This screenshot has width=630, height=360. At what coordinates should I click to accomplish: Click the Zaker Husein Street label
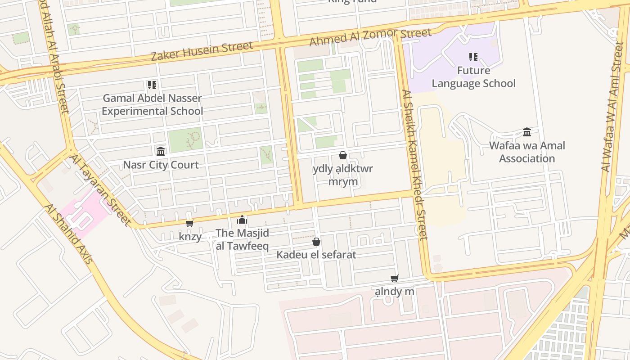(x=201, y=51)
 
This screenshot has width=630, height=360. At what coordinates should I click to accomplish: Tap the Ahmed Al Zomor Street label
(x=370, y=36)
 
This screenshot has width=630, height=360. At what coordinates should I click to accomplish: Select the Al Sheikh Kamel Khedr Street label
(x=414, y=165)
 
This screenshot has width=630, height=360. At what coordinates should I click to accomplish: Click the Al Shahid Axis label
(x=68, y=234)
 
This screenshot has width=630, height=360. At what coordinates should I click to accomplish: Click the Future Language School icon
(x=473, y=57)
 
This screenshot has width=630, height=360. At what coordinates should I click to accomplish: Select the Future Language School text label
(x=473, y=77)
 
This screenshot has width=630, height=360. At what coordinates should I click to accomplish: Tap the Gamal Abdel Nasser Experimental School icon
(x=152, y=85)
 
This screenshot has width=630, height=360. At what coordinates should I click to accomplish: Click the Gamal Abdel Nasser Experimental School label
(x=152, y=104)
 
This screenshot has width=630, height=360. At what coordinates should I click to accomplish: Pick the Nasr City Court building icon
(x=161, y=151)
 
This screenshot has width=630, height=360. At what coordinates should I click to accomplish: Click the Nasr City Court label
(x=161, y=165)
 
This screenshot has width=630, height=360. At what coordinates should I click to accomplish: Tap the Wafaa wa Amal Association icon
(x=527, y=132)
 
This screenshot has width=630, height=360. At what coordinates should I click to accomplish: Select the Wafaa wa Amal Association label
(x=527, y=152)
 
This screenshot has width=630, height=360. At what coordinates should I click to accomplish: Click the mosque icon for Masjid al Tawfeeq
(x=242, y=220)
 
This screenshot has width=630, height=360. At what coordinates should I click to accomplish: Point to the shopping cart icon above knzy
(x=190, y=223)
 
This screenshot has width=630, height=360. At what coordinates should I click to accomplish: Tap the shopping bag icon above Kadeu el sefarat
(x=316, y=242)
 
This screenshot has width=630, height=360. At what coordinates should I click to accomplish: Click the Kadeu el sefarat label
(x=316, y=255)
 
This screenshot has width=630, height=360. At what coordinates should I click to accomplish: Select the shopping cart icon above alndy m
(x=395, y=278)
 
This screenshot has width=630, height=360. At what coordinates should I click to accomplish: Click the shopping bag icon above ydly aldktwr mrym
(x=343, y=155)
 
